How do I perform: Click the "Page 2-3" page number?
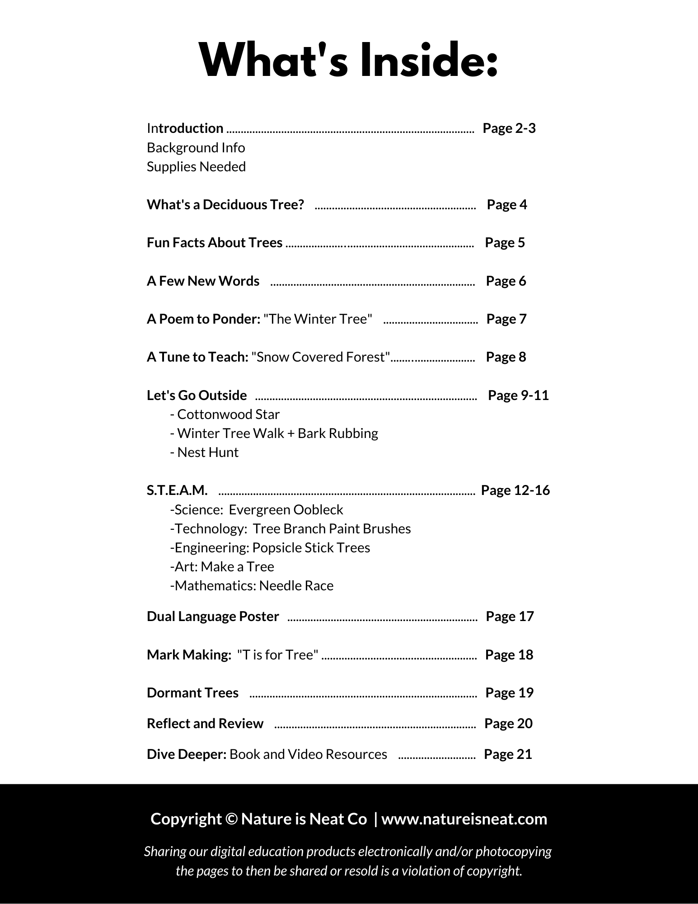(x=509, y=128)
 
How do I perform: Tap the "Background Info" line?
(x=196, y=148)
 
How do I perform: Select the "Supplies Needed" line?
(x=196, y=167)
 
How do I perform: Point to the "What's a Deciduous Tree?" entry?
(x=225, y=205)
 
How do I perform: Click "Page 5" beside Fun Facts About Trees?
(x=505, y=243)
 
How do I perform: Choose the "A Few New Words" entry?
(x=203, y=281)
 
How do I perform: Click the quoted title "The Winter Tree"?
(x=318, y=319)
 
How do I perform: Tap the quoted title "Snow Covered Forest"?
(x=321, y=357)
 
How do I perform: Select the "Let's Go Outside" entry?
(x=197, y=395)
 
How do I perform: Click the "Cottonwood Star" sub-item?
(x=228, y=414)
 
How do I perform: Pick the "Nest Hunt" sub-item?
(x=207, y=452)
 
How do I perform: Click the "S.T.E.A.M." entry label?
(x=177, y=490)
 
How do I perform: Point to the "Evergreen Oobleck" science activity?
(x=286, y=510)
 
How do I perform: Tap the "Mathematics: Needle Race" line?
(x=252, y=586)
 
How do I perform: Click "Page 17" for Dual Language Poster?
(x=510, y=617)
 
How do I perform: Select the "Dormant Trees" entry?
(x=192, y=693)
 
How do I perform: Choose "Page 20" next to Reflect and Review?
(x=508, y=724)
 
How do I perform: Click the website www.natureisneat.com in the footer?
(x=464, y=819)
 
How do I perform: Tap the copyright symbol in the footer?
(x=231, y=819)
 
